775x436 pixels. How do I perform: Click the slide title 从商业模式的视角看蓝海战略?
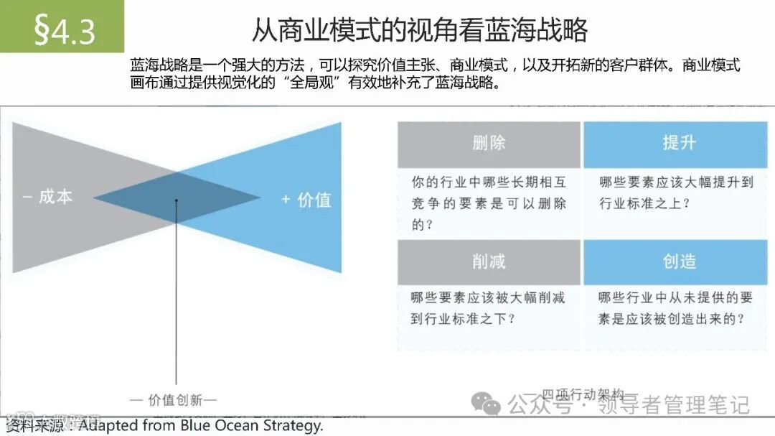tap(420, 29)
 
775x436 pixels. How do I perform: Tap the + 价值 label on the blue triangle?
tap(306, 199)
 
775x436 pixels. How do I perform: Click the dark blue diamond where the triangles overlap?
tap(177, 198)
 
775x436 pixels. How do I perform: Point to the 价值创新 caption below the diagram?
tap(173, 399)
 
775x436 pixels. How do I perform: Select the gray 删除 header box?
tap(489, 144)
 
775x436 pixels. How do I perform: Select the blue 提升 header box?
tap(678, 144)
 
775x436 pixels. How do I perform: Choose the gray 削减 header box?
tap(489, 262)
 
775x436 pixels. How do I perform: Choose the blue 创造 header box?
tap(678, 262)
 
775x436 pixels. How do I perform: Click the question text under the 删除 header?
tap(489, 203)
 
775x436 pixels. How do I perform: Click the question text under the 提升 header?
tap(676, 193)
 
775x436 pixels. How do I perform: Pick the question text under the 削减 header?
tap(488, 307)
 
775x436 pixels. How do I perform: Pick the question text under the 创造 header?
tap(676, 307)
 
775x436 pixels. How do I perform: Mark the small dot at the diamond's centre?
tap(177, 201)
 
